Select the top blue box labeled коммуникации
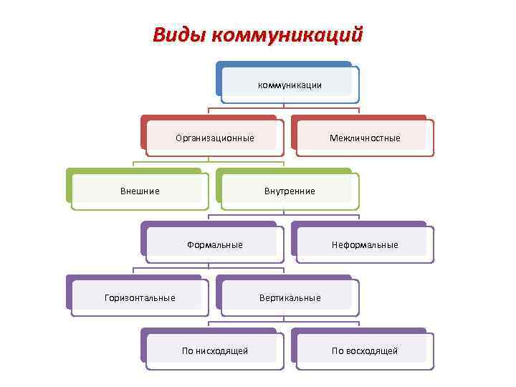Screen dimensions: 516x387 289,85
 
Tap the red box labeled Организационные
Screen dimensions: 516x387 215,138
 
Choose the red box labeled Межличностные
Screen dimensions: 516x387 365,138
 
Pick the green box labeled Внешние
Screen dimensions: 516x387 140,191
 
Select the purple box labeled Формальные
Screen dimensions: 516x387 215,245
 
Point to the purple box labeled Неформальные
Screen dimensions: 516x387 365,245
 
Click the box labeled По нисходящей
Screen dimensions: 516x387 215,351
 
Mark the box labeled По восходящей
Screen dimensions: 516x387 365,351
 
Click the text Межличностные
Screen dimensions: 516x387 365,138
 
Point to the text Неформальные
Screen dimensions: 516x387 365,245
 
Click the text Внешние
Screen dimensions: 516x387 140,191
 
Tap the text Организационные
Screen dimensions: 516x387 215,138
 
